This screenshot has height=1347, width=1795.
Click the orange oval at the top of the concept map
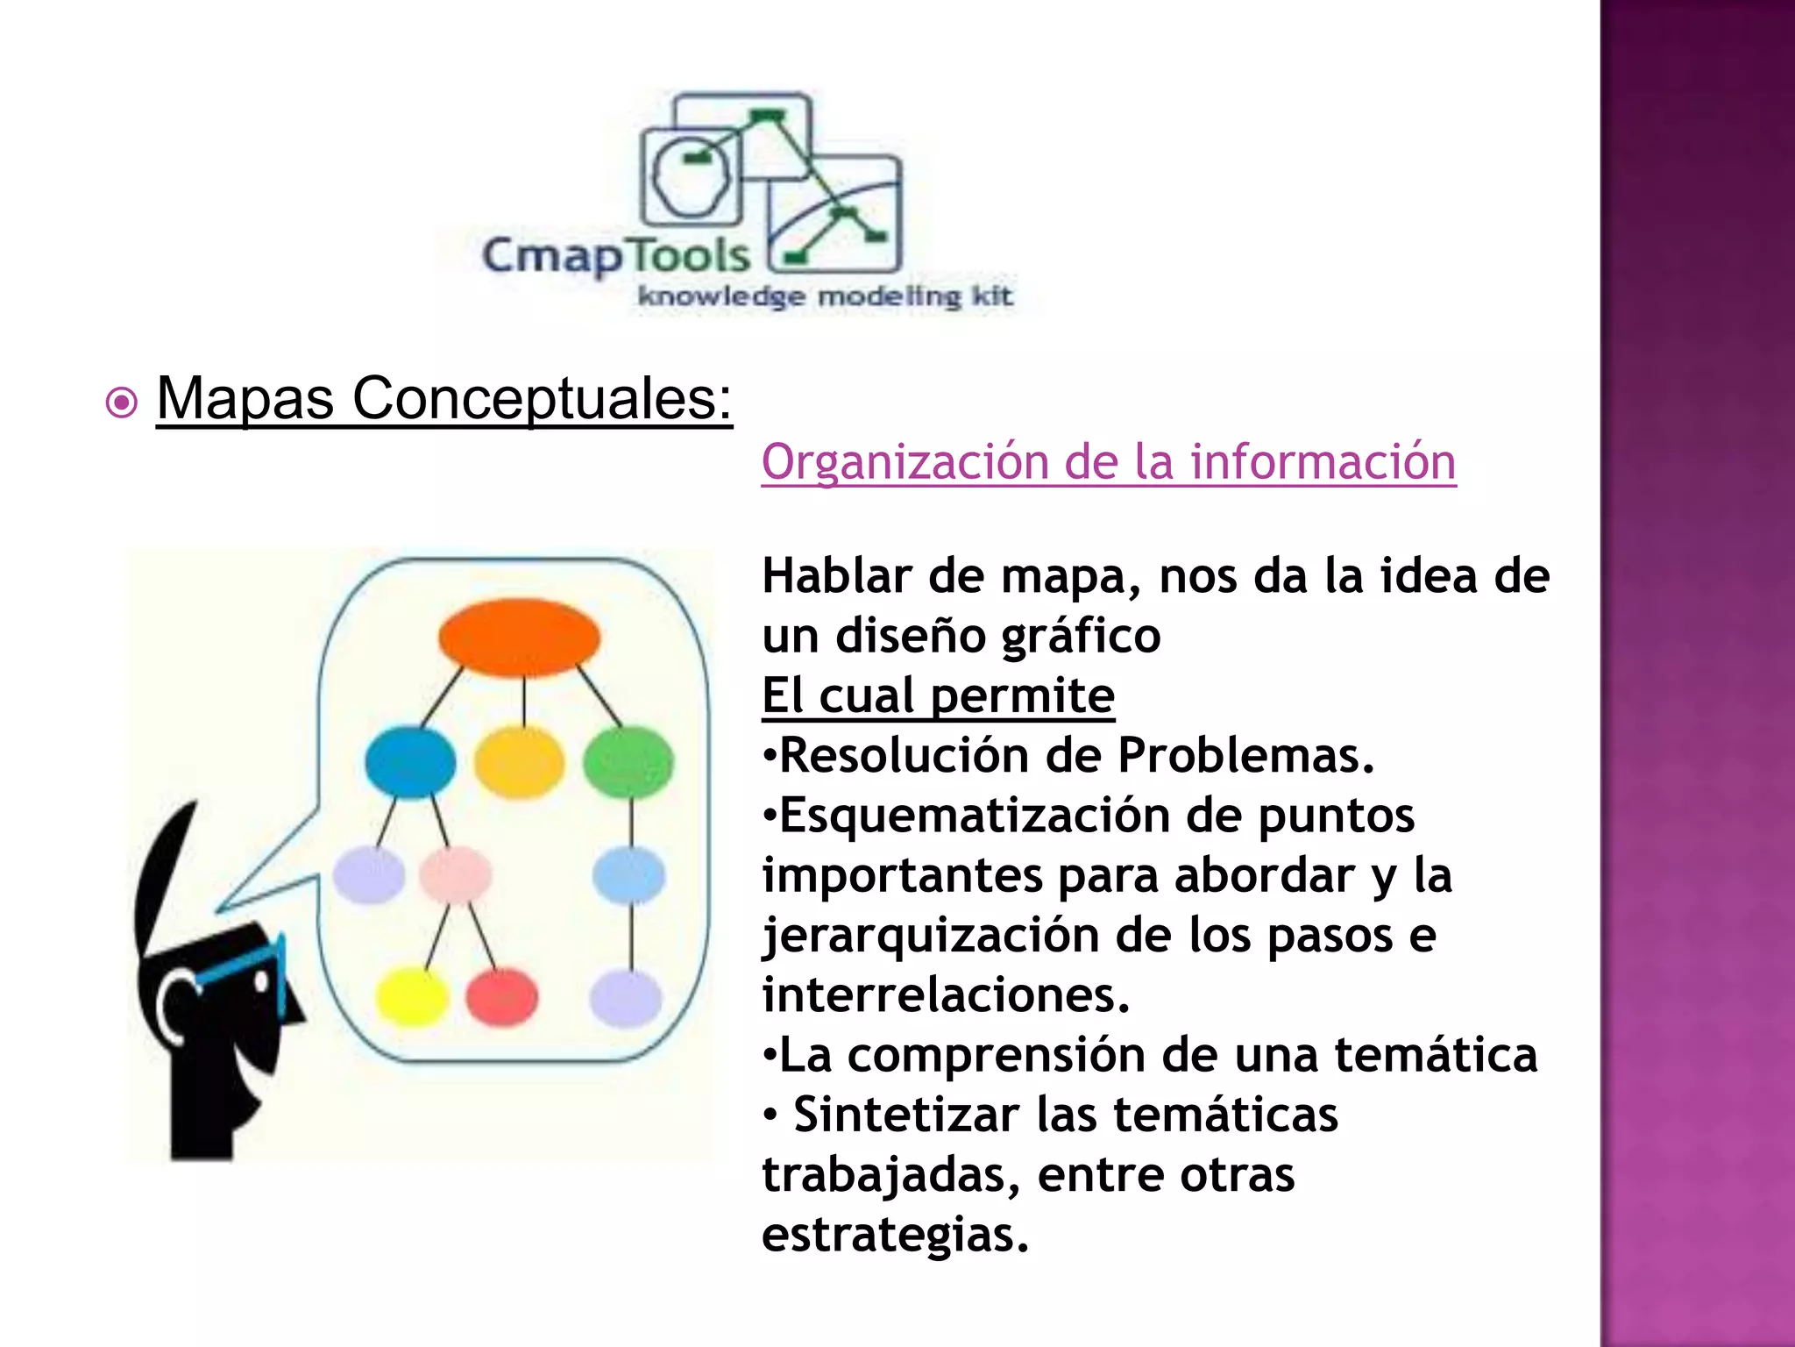pyautogui.click(x=519, y=638)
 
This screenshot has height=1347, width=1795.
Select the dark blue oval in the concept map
pyautogui.click(x=410, y=761)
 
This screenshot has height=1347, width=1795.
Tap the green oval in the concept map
pyautogui.click(x=628, y=761)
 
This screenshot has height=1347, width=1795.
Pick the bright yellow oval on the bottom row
pyautogui.click(x=412, y=997)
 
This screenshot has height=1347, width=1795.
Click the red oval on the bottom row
pyautogui.click(x=502, y=997)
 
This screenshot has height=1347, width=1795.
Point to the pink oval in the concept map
pyautogui.click(x=455, y=874)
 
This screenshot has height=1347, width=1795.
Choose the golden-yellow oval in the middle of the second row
pyautogui.click(x=520, y=761)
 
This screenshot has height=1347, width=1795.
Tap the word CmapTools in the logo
pyautogui.click(x=616, y=255)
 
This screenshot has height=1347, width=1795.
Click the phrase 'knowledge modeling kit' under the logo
pyautogui.click(x=825, y=296)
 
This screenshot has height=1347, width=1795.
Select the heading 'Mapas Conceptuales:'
pyautogui.click(x=443, y=399)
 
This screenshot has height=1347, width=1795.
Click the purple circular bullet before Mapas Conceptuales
pyautogui.click(x=121, y=403)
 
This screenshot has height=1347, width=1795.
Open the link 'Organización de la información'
pyautogui.click(x=1108, y=462)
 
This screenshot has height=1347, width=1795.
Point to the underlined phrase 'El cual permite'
pyautogui.click(x=938, y=695)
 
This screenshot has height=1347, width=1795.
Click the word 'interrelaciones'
pyautogui.click(x=945, y=995)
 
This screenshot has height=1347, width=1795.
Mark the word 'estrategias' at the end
pyautogui.click(x=894, y=1235)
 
